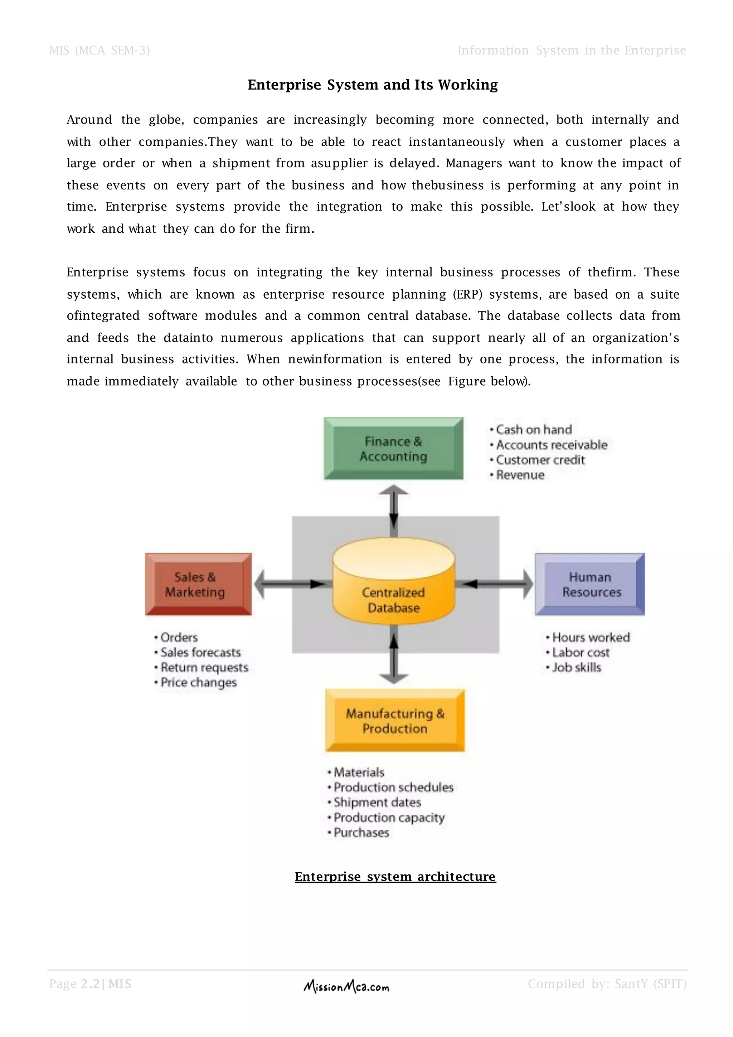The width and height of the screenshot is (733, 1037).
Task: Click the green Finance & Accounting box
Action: [x=393, y=448]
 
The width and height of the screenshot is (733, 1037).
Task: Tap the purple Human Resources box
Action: [x=590, y=584]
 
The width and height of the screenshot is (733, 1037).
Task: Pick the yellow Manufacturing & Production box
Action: [x=394, y=721]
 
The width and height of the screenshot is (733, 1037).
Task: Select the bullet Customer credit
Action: [x=540, y=460]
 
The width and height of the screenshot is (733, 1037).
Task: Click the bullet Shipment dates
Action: [x=377, y=802]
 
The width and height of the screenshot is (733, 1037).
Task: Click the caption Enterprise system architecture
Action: [x=395, y=877]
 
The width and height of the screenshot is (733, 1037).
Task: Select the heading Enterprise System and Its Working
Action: [x=372, y=85]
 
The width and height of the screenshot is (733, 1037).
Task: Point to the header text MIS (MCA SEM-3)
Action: [x=99, y=50]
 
